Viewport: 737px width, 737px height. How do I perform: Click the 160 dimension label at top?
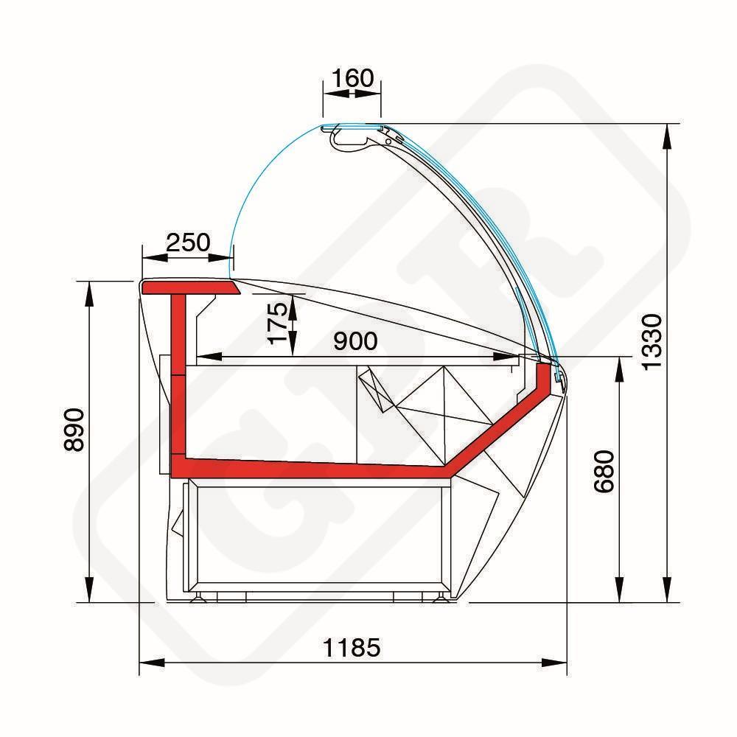coord(352,78)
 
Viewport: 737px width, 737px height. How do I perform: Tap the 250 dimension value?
coord(188,242)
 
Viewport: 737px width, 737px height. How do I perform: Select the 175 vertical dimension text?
coord(278,323)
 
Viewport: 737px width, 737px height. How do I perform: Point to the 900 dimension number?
coord(355,340)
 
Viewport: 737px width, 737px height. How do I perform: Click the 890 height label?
coord(74,430)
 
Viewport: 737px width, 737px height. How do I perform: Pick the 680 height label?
coord(604,472)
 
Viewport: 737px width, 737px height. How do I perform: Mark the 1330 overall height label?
coord(652,342)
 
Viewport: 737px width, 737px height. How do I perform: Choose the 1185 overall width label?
coord(352,648)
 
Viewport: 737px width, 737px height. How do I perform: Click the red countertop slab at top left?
coord(190,287)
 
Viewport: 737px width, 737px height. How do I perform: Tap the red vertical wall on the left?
coord(178,376)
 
